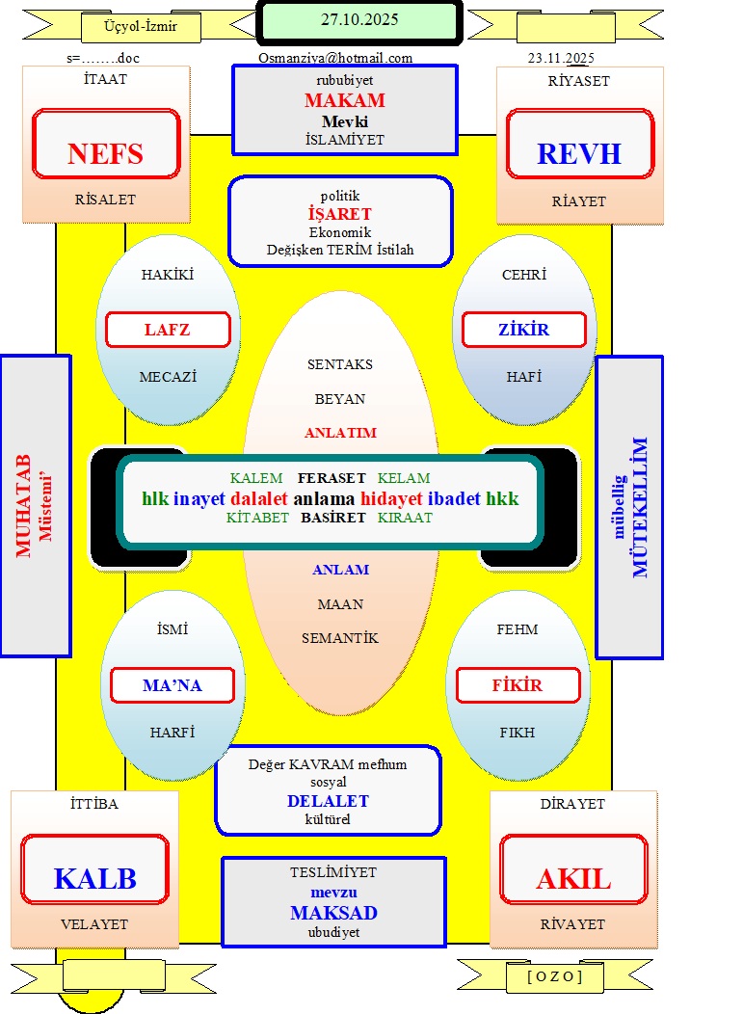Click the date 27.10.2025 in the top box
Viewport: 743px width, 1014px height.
[359, 19]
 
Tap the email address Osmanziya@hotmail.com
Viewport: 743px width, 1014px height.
[335, 58]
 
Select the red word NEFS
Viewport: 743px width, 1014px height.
[105, 154]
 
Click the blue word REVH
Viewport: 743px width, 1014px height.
[578, 154]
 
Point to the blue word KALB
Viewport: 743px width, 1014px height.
[94, 879]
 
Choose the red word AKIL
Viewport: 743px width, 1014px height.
[573, 879]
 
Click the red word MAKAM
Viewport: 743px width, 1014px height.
[345, 101]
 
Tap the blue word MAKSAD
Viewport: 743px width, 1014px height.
[333, 913]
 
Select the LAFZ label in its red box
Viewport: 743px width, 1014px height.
[167, 330]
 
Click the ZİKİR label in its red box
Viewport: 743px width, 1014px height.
[523, 330]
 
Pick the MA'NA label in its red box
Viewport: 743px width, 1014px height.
[172, 686]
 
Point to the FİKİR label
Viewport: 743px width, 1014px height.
[517, 686]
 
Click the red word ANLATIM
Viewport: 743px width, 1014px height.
[340, 433]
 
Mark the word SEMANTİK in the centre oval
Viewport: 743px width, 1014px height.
[340, 638]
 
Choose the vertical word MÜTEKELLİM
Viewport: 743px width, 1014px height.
[641, 507]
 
